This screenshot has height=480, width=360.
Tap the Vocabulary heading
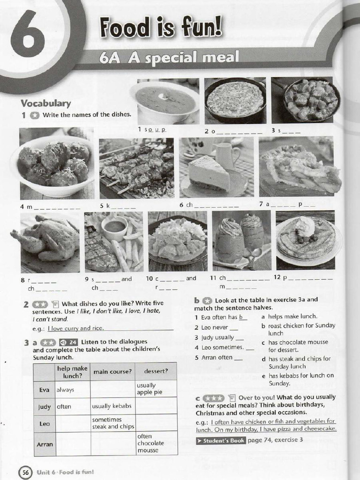click(x=45, y=103)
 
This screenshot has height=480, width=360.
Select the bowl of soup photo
click(x=165, y=100)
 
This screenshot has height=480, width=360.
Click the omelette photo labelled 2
click(x=235, y=100)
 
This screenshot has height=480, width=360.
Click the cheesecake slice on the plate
click(x=210, y=173)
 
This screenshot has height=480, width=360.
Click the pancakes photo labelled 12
click(x=305, y=240)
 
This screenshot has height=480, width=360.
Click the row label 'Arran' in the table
click(x=45, y=443)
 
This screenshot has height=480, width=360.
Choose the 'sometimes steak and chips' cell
click(x=112, y=423)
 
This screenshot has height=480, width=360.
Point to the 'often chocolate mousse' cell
click(x=156, y=443)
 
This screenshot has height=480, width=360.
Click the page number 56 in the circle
click(x=24, y=472)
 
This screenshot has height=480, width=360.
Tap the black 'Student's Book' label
click(x=221, y=441)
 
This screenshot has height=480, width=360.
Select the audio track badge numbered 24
click(x=69, y=342)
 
